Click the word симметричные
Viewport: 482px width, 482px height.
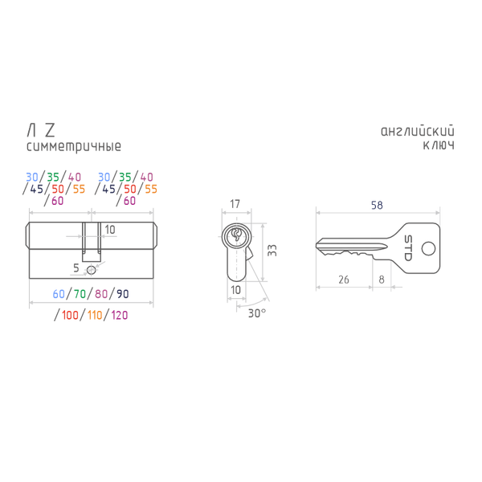point(74,147)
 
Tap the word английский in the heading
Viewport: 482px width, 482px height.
point(418,131)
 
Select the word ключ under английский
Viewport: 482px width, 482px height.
point(439,145)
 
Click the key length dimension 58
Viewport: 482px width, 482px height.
point(377,205)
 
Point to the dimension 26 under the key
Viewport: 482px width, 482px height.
point(344,280)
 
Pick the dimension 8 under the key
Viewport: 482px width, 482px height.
point(382,280)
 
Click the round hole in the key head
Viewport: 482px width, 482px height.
point(428,248)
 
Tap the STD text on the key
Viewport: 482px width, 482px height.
point(407,248)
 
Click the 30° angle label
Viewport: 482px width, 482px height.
point(257,313)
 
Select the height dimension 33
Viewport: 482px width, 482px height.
point(272,250)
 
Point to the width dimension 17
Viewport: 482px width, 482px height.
point(235,204)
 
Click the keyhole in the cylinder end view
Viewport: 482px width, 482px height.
point(236,235)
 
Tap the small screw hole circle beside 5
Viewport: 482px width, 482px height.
point(92,270)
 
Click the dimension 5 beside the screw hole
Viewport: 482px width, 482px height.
point(76,268)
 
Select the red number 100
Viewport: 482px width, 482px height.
point(70,315)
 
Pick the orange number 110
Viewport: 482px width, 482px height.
point(95,315)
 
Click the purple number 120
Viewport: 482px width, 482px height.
point(120,315)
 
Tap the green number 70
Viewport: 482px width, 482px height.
point(80,294)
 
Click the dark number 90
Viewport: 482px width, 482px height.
point(123,294)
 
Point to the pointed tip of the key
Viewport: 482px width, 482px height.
point(317,245)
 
